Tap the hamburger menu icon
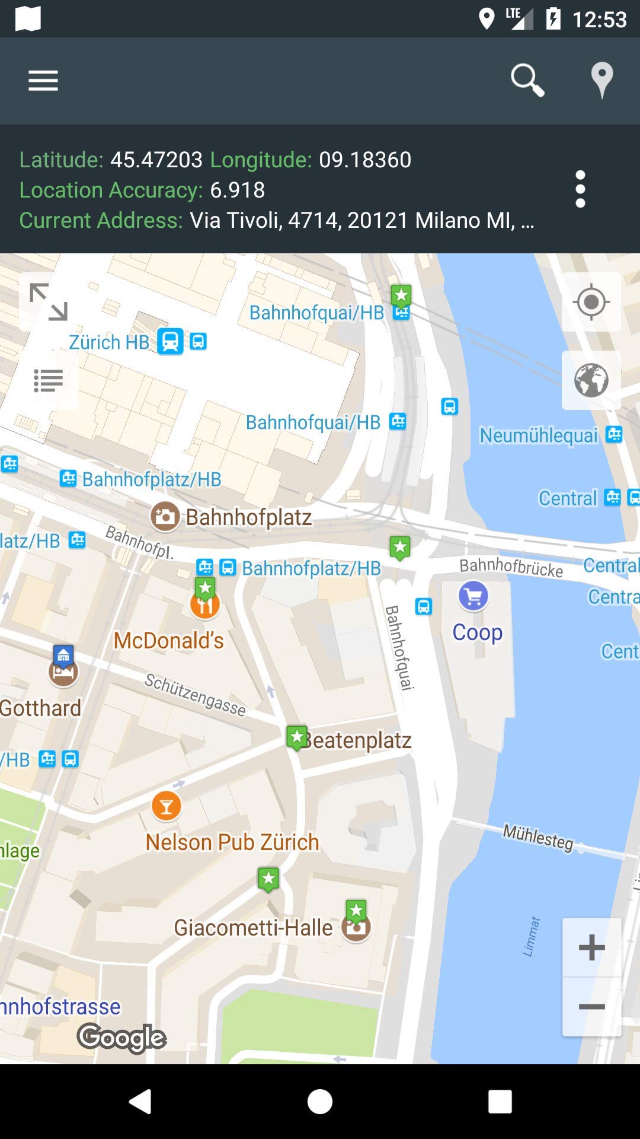click(43, 81)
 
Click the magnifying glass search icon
click(527, 80)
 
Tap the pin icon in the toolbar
click(601, 79)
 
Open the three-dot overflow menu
click(580, 189)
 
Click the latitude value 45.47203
click(156, 160)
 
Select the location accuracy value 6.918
click(237, 190)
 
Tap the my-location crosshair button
click(591, 302)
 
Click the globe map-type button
click(591, 380)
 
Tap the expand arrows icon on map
click(49, 302)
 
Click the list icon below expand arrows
click(49, 380)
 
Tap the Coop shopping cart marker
click(473, 596)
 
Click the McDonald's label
click(169, 641)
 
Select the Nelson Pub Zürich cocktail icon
click(167, 806)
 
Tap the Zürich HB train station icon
click(170, 342)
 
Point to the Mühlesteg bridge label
click(538, 837)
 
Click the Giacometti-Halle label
click(253, 928)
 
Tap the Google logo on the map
click(121, 1037)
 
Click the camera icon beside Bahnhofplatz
click(165, 516)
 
